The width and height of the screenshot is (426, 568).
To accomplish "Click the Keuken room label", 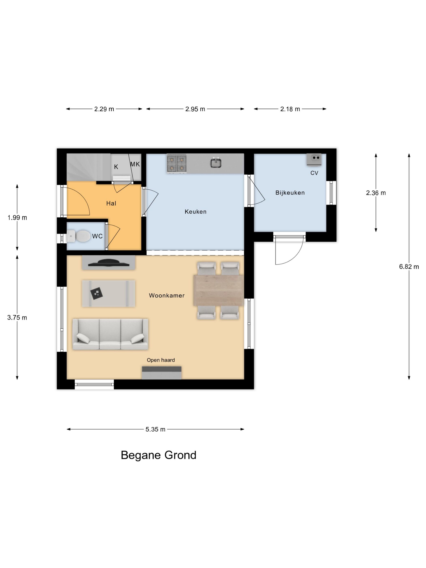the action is coord(195,212).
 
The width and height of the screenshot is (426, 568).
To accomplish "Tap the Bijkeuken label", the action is coord(290,193).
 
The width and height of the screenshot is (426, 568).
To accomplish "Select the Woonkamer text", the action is coord(167,295).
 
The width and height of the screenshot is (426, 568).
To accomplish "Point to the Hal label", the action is coord(111,203).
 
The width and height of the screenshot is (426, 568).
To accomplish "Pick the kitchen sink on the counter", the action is coord(216,162).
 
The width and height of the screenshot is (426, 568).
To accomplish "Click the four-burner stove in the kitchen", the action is coord(177,163).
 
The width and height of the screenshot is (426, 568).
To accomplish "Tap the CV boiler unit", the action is coord(314,159).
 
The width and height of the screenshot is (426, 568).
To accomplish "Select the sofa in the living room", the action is coord(110,334).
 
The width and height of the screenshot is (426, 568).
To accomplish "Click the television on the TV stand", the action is coord(108,263).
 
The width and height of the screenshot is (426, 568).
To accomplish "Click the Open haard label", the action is coord(161,360).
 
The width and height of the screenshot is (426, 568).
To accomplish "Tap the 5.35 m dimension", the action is coord(155,429).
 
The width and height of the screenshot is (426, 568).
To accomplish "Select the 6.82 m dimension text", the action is coord(409,267).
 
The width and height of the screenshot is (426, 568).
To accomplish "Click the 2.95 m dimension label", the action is coord(195,109).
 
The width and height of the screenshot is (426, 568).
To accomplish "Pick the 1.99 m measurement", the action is coord(17,217).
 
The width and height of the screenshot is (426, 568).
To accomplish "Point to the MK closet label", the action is coord(135,164).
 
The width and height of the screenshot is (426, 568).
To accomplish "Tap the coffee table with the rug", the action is coord(109,293).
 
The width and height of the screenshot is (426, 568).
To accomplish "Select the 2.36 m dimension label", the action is coord(376,193).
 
